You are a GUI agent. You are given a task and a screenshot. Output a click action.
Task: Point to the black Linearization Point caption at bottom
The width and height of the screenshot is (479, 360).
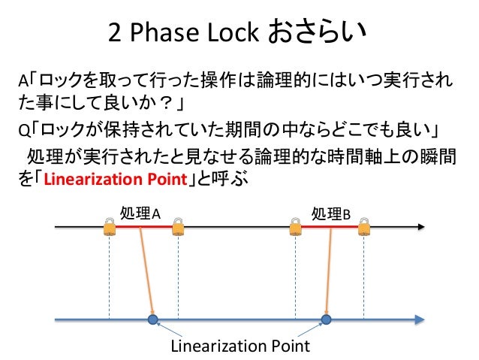coord(240,346)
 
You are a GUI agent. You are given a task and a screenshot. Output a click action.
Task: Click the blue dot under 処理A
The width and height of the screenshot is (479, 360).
coord(153,319)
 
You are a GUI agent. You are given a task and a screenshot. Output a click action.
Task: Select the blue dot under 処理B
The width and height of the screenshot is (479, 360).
coord(326,319)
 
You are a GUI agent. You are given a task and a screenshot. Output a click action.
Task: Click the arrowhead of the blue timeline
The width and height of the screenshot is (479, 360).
coord(417,319)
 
